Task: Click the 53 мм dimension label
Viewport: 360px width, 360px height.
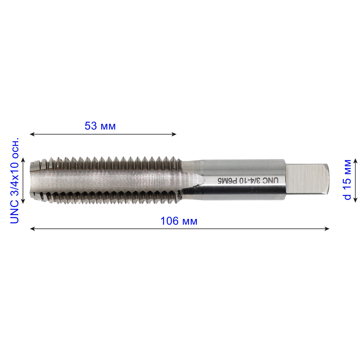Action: (100, 126)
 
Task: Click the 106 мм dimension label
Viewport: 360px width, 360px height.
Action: (179, 221)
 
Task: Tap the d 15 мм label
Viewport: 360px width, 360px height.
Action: (347, 179)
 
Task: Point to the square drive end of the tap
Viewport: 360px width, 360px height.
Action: (307, 179)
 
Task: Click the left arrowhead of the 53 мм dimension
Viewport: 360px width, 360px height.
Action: (32, 134)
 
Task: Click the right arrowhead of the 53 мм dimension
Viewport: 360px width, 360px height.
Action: (174, 134)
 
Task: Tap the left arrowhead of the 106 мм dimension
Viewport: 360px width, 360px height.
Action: (32, 229)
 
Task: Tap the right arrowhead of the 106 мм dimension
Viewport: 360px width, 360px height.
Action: (327, 229)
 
